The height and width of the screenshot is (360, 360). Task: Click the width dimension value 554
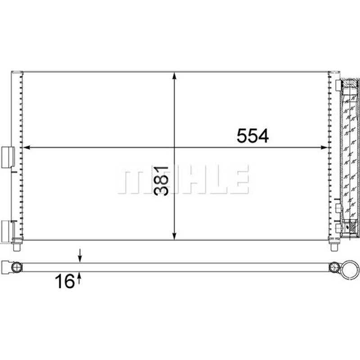coord(252,135)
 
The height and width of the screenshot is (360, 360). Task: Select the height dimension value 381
coord(162,180)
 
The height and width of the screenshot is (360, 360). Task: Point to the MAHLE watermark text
coord(183,180)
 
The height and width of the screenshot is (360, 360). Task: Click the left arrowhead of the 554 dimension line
coord(26,147)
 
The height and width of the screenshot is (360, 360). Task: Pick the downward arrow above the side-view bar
coord(80,257)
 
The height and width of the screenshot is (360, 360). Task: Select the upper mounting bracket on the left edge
coord(9,157)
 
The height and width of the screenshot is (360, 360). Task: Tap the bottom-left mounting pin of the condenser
coord(17,246)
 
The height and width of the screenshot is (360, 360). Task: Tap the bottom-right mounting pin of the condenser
coord(333,246)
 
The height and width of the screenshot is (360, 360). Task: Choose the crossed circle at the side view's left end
coord(17,267)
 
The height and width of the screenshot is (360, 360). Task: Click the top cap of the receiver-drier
coord(350,83)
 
